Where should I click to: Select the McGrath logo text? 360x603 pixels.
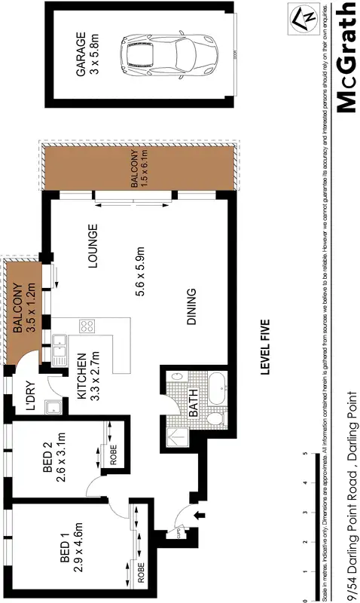[x=345, y=57]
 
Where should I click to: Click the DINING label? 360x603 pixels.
[x=191, y=307]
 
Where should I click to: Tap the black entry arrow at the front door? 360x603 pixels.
[x=200, y=516]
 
